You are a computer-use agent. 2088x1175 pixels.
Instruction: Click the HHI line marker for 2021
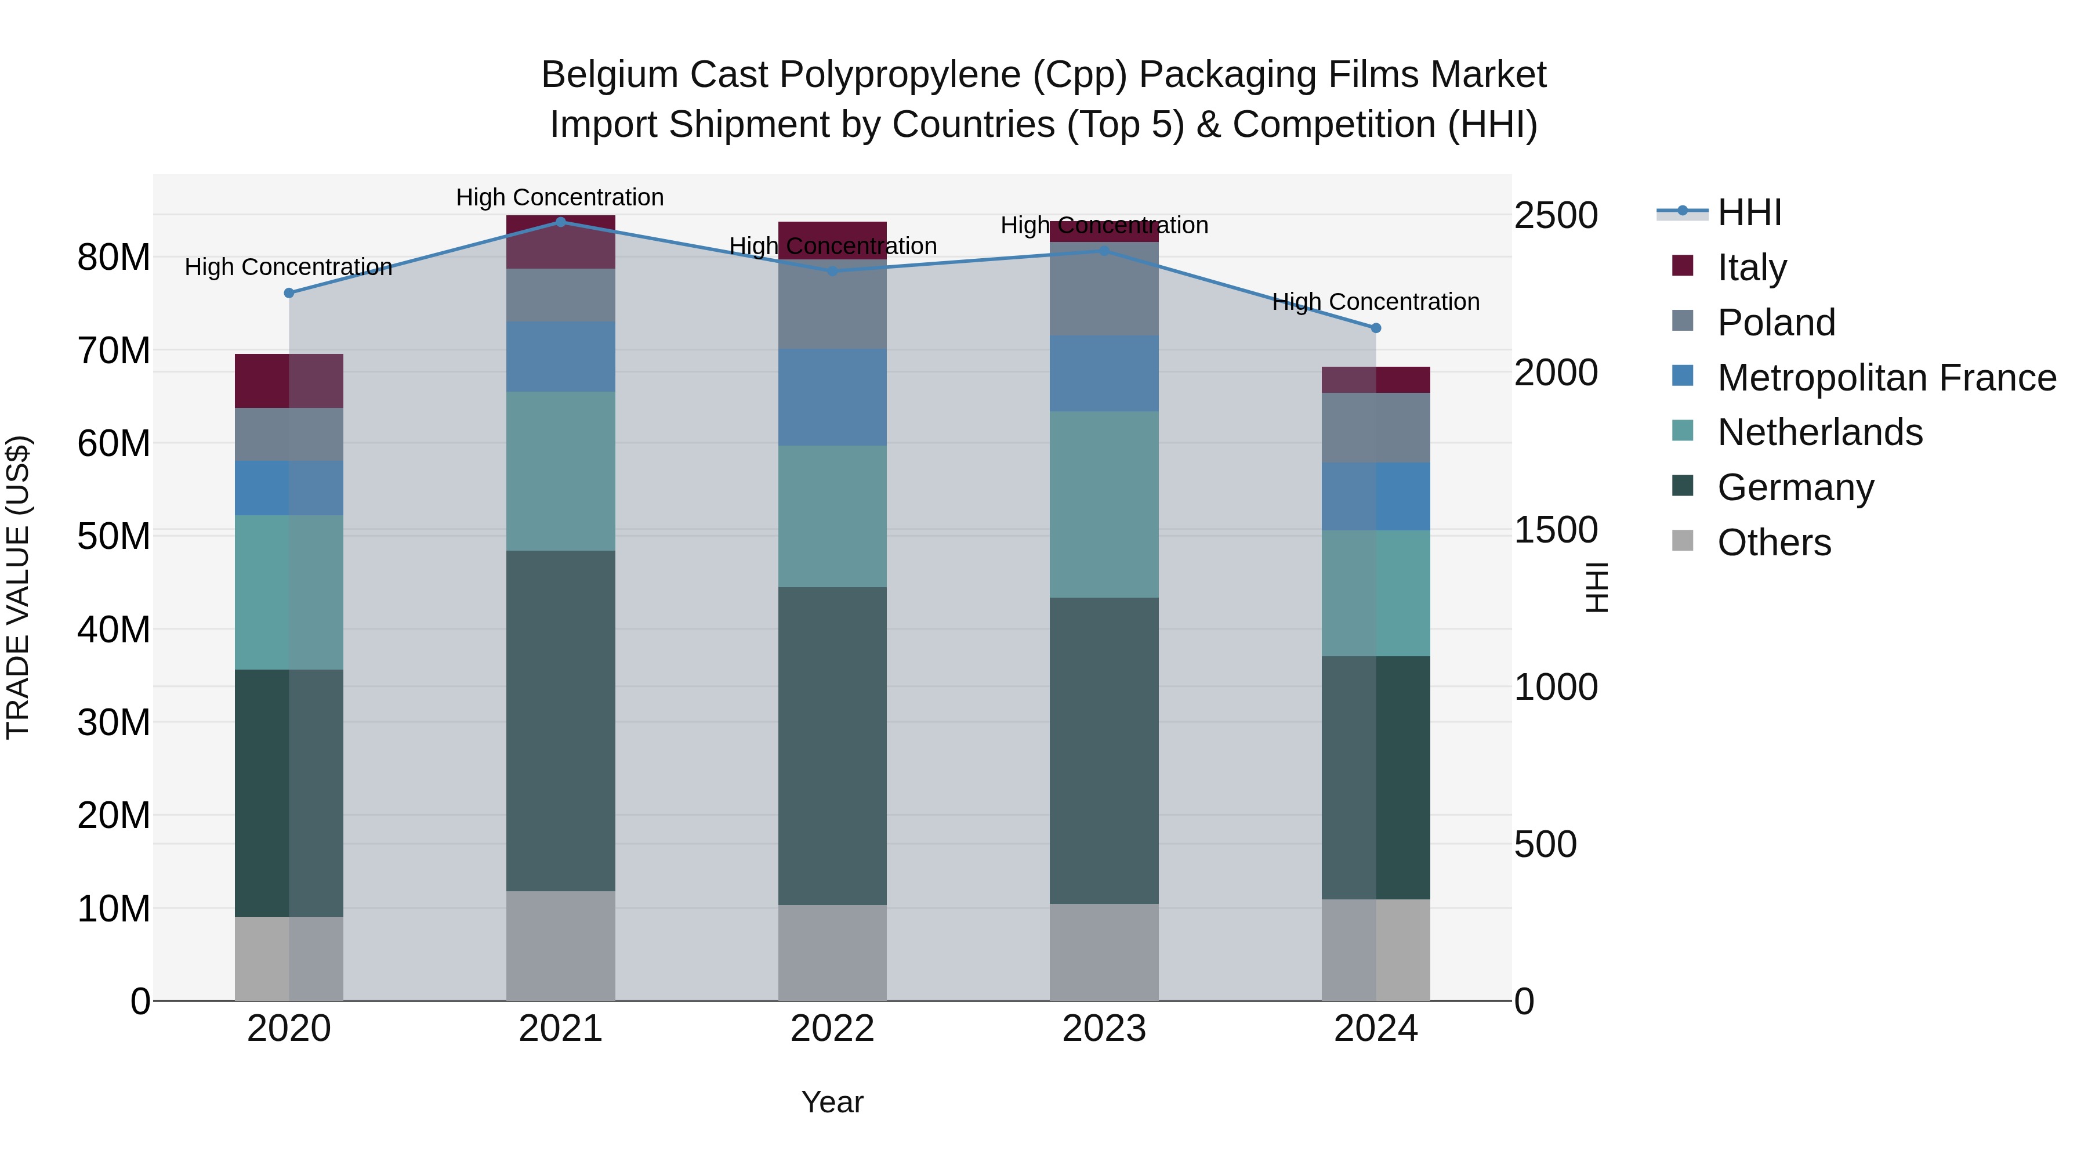tap(560, 222)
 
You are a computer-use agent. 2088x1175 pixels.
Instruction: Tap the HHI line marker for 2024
tap(1376, 328)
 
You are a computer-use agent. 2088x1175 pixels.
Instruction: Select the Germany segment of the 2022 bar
tap(832, 746)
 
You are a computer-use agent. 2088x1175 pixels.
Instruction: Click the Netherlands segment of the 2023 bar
tap(1103, 504)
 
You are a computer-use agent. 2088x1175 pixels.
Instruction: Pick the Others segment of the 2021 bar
tap(560, 946)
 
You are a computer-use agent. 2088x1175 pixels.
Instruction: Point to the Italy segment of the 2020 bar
tap(289, 381)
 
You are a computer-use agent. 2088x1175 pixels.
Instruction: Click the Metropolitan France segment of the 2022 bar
tap(832, 397)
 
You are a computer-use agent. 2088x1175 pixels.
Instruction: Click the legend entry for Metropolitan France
tap(1886, 378)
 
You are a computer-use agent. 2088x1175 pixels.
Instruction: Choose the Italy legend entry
tap(1752, 267)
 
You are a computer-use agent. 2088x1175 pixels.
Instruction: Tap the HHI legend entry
tap(1749, 212)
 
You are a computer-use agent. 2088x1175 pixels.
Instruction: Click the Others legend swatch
tap(1683, 541)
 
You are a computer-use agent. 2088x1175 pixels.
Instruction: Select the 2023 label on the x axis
tap(1103, 1029)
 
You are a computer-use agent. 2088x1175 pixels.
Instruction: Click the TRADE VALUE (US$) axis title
tap(18, 587)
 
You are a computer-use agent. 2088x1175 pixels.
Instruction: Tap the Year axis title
tap(832, 1102)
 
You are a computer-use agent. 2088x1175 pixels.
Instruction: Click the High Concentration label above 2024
tap(1376, 302)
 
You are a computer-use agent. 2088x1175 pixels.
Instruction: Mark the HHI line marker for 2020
tap(289, 293)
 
